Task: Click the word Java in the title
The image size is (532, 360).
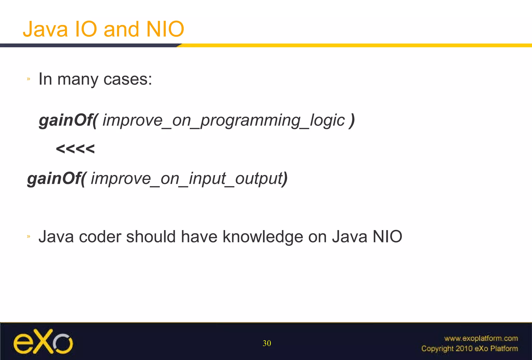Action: coord(45,29)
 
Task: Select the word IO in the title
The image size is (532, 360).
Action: coord(86,29)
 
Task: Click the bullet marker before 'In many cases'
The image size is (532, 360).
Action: coord(29,79)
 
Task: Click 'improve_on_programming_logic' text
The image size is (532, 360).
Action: coord(223,121)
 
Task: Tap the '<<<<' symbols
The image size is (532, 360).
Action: coord(75,149)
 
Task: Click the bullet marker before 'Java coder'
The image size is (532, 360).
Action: coord(29,236)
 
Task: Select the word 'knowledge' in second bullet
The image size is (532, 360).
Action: coord(263,237)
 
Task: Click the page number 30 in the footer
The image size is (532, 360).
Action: coord(267,343)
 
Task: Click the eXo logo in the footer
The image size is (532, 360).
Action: coord(43,342)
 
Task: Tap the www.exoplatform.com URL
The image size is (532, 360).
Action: coord(481,338)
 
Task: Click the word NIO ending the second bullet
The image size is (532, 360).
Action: coord(387,237)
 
